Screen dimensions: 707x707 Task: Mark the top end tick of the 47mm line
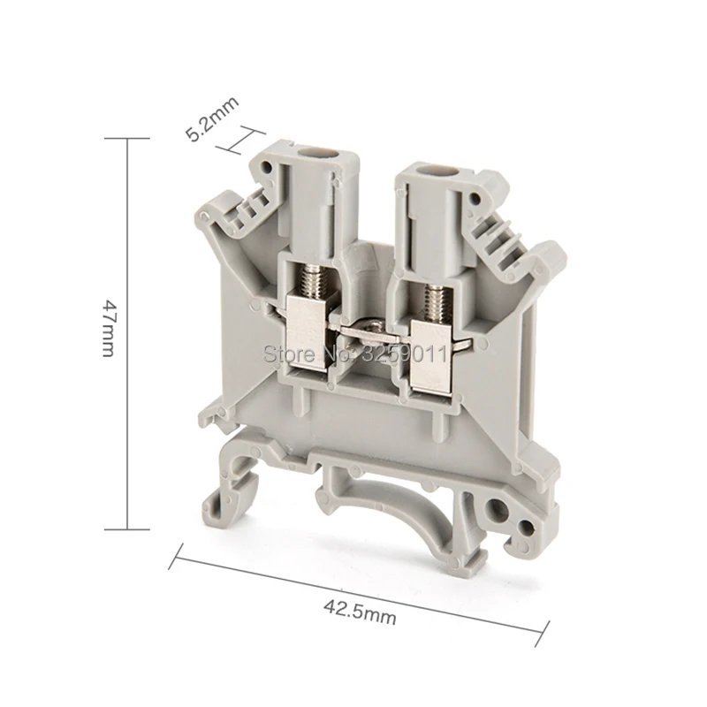pyautogui.click(x=127, y=139)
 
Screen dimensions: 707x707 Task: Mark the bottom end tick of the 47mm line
pyautogui.click(x=127, y=529)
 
